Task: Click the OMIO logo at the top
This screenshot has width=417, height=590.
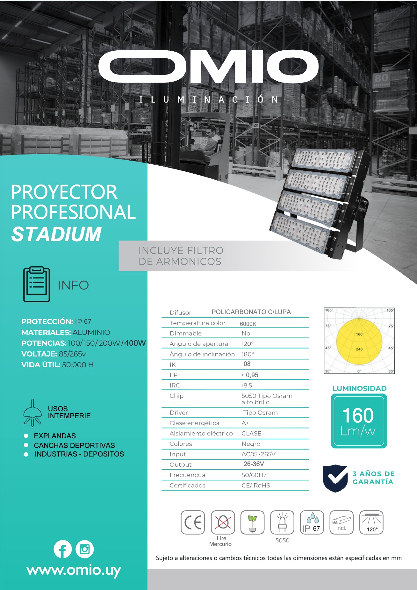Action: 209,67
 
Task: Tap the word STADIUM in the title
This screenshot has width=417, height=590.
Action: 56,234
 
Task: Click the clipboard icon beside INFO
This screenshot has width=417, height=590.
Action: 37,284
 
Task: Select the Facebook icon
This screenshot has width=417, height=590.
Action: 62,549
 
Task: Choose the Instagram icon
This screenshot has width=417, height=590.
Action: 85,549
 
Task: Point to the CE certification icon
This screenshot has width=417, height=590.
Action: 193,522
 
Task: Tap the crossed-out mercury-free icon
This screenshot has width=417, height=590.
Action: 223,522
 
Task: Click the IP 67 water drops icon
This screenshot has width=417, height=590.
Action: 312,522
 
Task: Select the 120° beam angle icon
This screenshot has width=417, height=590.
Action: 371,522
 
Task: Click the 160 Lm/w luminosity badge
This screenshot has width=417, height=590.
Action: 359,421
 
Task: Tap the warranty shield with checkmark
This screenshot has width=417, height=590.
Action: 335,478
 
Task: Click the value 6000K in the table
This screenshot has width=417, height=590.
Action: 248,324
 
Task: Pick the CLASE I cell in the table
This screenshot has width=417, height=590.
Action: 253,433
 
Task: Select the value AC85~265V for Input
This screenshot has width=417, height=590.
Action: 259,454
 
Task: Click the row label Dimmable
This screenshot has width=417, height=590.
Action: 186,333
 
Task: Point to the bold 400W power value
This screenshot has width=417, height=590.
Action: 135,343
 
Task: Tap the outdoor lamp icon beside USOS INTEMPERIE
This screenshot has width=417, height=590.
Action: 32,413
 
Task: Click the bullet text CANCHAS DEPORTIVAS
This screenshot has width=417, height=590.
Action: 75,445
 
